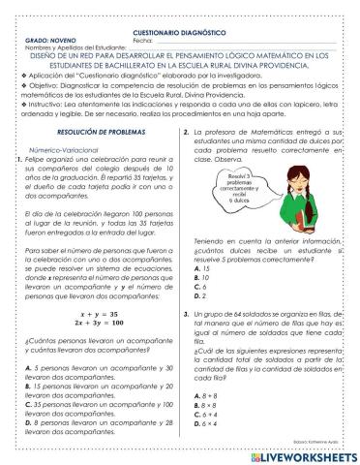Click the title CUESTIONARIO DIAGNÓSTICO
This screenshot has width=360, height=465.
(180, 6)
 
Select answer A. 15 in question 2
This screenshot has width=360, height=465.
(203, 266)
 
